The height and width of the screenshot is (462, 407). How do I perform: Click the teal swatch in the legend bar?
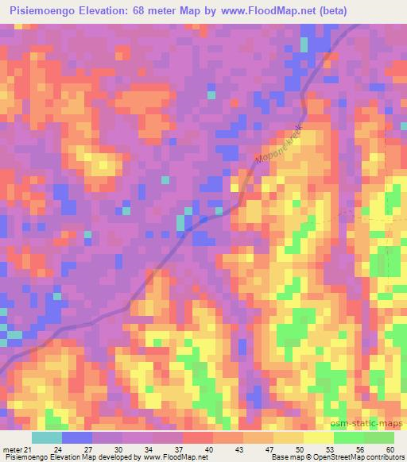point(47,437)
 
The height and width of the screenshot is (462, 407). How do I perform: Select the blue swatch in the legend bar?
point(77,437)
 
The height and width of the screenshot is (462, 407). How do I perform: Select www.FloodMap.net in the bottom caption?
point(169,458)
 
